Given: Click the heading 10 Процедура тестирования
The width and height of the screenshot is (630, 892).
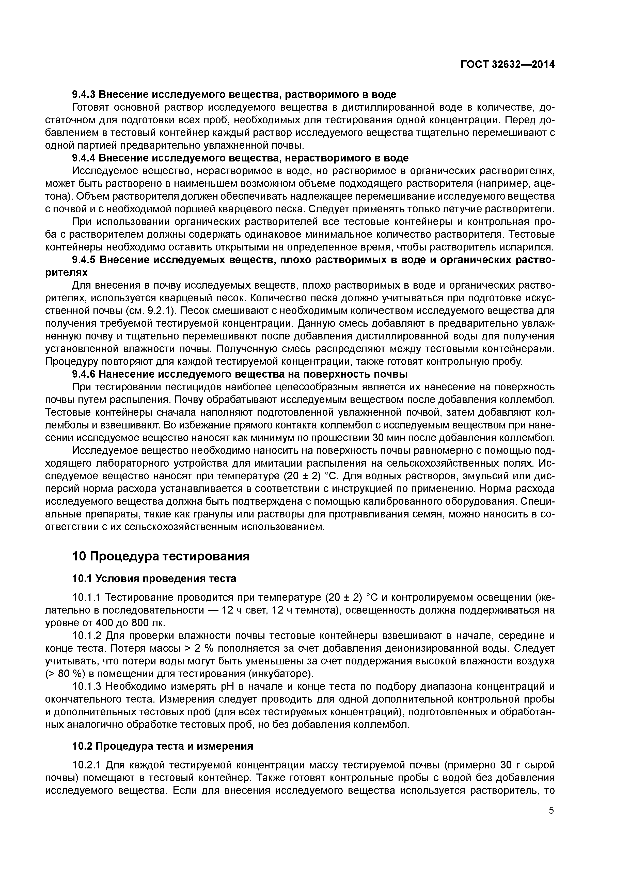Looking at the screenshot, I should (x=161, y=556).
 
